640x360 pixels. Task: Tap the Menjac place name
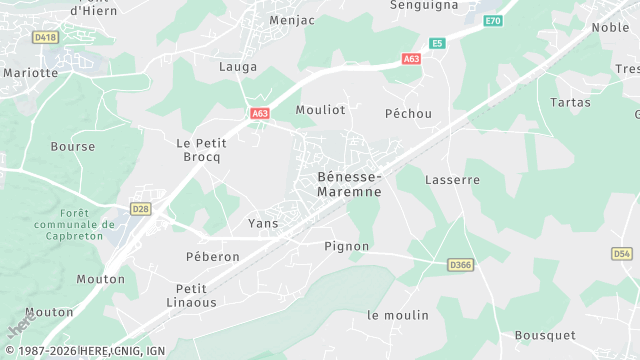(x=293, y=19)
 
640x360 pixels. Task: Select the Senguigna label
(x=424, y=5)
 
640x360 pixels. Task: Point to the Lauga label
(x=238, y=67)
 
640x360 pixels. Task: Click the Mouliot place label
(x=320, y=110)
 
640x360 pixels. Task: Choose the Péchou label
(x=409, y=114)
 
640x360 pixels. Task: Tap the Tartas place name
(x=571, y=103)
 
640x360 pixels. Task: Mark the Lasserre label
(x=453, y=180)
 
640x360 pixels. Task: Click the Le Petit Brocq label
(x=201, y=150)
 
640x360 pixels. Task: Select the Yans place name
(x=263, y=224)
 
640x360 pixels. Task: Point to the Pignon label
(x=347, y=246)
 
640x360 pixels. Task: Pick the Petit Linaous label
(x=184, y=295)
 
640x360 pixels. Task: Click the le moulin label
(x=398, y=315)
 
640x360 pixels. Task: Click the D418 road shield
(x=45, y=37)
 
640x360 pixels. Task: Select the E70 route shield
(x=492, y=20)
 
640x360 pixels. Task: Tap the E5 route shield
(x=437, y=43)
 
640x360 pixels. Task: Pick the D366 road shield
(x=460, y=265)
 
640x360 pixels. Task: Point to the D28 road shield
(x=141, y=209)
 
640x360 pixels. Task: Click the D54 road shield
(x=621, y=254)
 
